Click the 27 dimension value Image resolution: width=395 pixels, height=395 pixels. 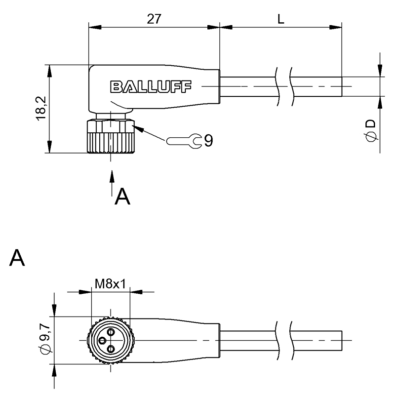pyautogui.click(x=154, y=19)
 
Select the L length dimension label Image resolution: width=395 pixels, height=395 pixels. pyautogui.click(x=281, y=19)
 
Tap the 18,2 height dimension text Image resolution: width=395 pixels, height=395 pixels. pyautogui.click(x=41, y=109)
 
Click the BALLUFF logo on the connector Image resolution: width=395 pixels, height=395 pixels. pyautogui.click(x=151, y=87)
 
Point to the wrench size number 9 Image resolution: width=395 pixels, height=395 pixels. pyautogui.click(x=208, y=141)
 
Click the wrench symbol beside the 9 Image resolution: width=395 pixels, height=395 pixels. pyautogui.click(x=184, y=141)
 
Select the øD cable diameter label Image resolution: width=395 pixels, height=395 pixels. pyautogui.click(x=371, y=130)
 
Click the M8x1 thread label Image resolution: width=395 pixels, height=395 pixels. pyautogui.click(x=110, y=284)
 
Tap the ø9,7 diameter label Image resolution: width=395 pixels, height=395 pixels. pyautogui.click(x=46, y=339)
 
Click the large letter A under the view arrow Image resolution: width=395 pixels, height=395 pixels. pyautogui.click(x=122, y=197)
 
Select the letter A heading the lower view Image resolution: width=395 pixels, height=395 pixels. pyautogui.click(x=17, y=258)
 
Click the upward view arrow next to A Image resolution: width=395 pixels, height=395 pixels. pyautogui.click(x=112, y=183)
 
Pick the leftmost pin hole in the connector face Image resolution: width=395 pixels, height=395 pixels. pyautogui.click(x=102, y=341)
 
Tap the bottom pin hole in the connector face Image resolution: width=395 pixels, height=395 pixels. pyautogui.click(x=111, y=349)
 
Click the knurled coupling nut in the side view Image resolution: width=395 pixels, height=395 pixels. pyautogui.click(x=111, y=137)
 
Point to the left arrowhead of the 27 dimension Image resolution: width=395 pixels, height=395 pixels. pyautogui.click(x=95, y=27)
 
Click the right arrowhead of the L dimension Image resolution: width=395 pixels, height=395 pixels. pyautogui.click(x=336, y=27)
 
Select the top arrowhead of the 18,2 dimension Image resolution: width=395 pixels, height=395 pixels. pyautogui.click(x=50, y=71)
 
